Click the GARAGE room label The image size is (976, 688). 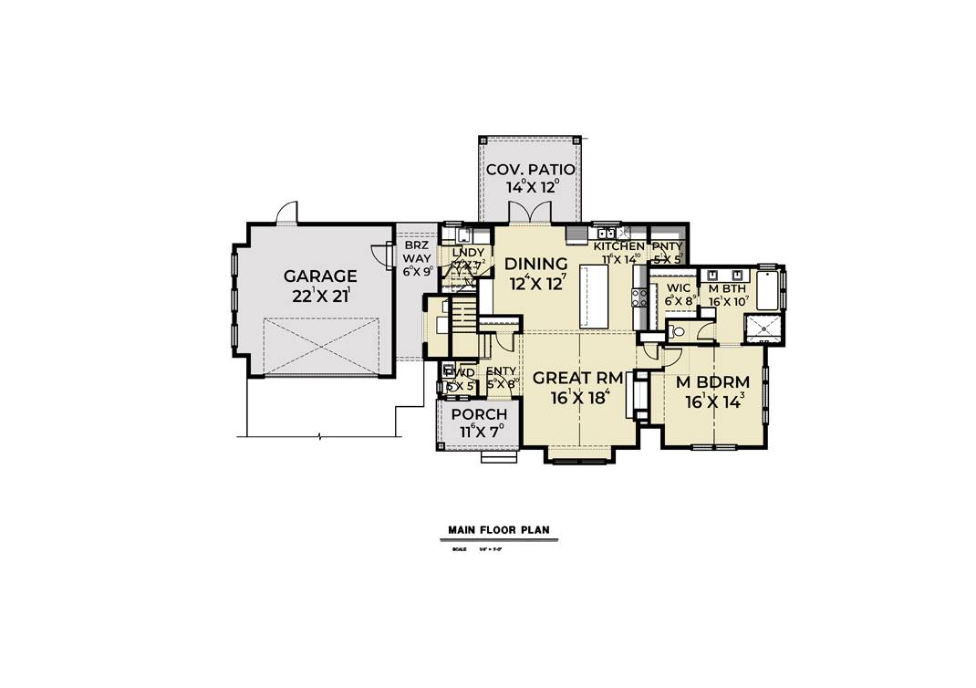pos(319,276)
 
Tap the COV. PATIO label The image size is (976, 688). pos(529,170)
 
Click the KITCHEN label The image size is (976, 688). pos(619,246)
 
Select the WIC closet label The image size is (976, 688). pos(678,288)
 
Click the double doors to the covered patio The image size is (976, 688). pos(529,215)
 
